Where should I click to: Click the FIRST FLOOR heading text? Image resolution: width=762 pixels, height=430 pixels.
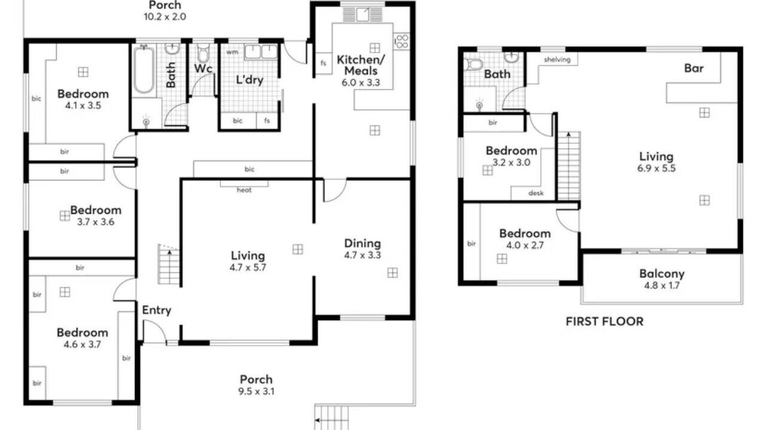click(605, 322)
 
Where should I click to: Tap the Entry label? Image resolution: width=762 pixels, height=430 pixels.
click(157, 311)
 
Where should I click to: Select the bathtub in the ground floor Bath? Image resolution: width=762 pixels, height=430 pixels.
click(144, 70)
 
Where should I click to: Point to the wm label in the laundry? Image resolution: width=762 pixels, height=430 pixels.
click(232, 52)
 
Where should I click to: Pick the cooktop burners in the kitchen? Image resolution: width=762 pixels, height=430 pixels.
click(402, 41)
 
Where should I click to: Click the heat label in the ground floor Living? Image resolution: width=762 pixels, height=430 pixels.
click(244, 190)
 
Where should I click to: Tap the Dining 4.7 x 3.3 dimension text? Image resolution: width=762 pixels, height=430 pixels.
click(362, 255)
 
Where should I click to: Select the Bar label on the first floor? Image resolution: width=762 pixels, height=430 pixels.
click(694, 68)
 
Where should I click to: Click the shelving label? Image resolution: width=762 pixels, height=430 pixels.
click(557, 60)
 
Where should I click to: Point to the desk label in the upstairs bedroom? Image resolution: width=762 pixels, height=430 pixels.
click(536, 193)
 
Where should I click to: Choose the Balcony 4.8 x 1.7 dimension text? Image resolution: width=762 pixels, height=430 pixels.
click(662, 285)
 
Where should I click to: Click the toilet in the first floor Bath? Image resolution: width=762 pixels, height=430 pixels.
click(474, 64)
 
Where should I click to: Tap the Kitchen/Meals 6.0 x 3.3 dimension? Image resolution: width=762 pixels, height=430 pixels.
click(361, 82)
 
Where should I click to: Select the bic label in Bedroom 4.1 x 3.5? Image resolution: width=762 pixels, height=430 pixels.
click(36, 99)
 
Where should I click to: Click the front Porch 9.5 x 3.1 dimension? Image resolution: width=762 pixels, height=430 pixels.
click(256, 391)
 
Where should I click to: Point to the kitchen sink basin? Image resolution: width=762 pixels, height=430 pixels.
click(362, 14)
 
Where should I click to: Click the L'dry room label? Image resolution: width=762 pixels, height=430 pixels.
click(249, 80)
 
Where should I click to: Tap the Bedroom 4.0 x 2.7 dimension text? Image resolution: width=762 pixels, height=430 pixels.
click(525, 245)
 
